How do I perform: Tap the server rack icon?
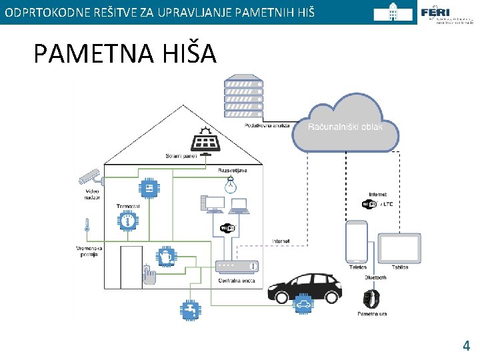point(244,99)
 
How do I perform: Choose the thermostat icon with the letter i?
point(127,221)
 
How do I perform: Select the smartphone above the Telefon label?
point(357,242)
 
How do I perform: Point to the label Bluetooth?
point(375,277)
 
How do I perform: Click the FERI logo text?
point(435,13)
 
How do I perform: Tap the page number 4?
point(467,345)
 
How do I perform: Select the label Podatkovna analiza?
point(267,125)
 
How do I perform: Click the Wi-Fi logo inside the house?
point(228,229)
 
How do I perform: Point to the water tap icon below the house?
point(190,310)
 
